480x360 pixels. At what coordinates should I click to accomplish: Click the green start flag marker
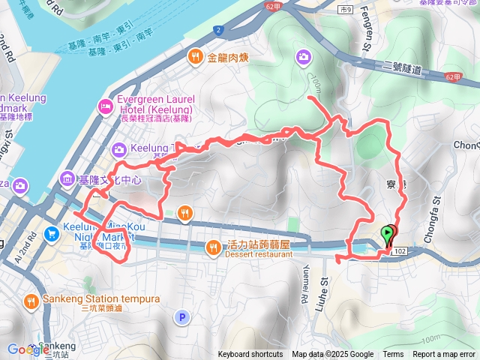tap(387, 235)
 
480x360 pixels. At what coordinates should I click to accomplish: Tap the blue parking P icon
tap(181, 317)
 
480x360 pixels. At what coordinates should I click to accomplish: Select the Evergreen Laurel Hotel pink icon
tap(104, 106)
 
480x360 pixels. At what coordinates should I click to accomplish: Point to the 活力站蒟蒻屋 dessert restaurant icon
tap(214, 245)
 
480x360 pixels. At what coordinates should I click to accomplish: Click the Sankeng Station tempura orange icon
tap(31, 301)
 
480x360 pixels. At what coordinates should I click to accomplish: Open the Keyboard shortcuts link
tap(250, 354)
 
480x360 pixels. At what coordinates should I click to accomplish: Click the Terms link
tap(393, 354)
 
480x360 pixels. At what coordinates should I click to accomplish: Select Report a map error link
tap(443, 354)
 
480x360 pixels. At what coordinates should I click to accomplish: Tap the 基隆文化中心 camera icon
tap(67, 180)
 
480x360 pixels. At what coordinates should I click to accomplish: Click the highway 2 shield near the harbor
tap(217, 30)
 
